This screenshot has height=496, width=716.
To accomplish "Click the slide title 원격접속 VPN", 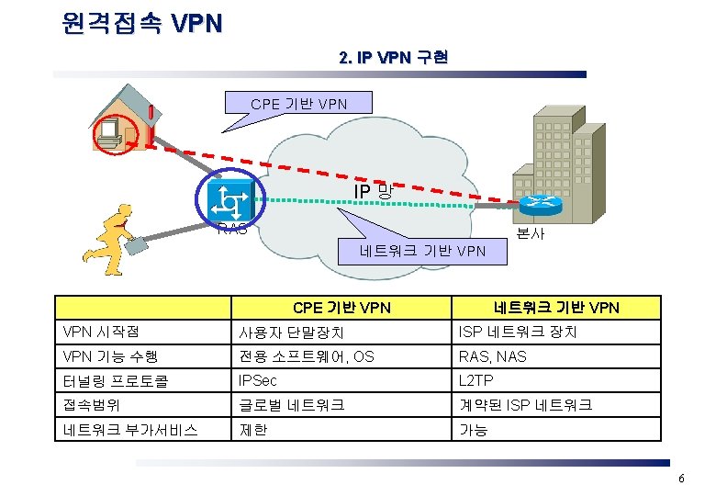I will point(142,22).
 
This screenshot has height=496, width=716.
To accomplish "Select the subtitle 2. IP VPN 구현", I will point(393,58).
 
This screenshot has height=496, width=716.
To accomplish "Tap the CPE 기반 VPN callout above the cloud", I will point(299,104).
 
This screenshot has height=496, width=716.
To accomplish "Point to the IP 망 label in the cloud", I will point(375,191).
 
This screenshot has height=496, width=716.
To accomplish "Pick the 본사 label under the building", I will point(531,233).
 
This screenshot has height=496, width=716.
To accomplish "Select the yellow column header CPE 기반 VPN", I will point(341,308).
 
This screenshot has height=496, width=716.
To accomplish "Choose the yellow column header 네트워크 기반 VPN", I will point(556,308).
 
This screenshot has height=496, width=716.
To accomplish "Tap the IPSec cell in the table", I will point(258,379).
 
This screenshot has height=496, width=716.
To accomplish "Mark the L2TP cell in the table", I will point(476,379).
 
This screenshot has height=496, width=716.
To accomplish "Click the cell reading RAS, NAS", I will point(493,356).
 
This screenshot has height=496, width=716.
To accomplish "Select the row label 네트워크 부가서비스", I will point(129,429).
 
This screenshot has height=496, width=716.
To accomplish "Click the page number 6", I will point(681,479).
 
